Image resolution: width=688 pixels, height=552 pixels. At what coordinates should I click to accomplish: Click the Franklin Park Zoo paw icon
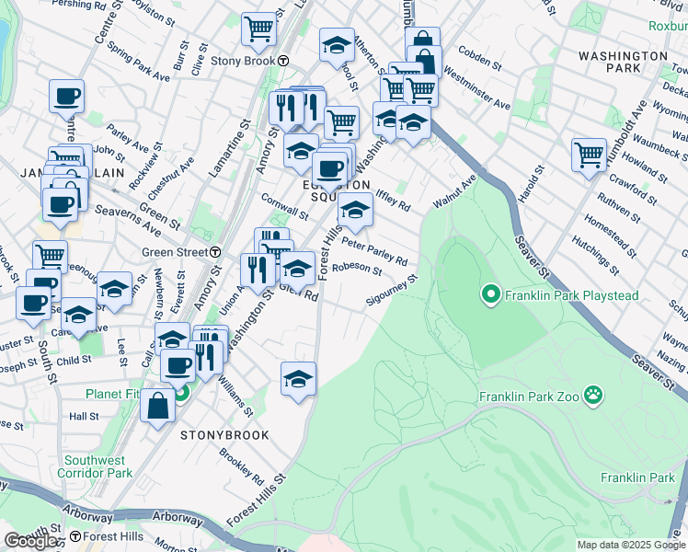596,397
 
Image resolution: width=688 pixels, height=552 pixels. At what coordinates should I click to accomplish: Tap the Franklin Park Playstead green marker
491,294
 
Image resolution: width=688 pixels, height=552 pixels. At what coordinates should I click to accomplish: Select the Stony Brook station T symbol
284,61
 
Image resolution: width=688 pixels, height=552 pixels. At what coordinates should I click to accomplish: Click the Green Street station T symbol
215,252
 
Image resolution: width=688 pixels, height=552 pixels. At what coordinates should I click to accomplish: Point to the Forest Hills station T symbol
75,535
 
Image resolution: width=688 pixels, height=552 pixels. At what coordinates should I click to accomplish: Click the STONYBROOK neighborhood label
224,435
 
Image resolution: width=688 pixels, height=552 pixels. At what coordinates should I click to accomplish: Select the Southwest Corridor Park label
96,466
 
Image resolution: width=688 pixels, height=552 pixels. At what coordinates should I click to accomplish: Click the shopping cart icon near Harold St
589,155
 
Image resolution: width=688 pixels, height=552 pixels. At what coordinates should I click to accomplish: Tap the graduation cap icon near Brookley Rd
298,378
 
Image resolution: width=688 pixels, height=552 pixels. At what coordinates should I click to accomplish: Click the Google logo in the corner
30,541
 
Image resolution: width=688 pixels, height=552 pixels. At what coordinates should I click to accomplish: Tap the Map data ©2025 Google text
631,545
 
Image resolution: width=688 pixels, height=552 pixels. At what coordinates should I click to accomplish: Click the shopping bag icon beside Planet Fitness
157,406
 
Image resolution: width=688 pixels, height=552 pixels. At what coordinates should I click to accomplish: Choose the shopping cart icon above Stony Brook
258,29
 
